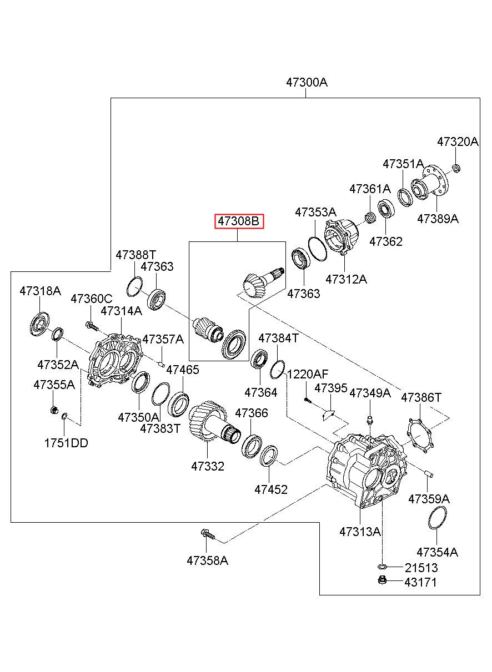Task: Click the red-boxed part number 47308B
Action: [239, 221]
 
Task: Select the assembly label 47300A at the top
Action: [307, 82]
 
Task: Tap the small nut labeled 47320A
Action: [456, 169]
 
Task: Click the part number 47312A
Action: [346, 279]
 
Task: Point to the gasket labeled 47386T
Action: [419, 437]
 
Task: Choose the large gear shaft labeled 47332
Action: [214, 424]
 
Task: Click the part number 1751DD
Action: [66, 443]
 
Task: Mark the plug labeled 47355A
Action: [54, 410]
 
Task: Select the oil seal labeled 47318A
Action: [40, 324]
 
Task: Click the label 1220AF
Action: [308, 375]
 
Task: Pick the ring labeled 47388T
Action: [134, 286]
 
